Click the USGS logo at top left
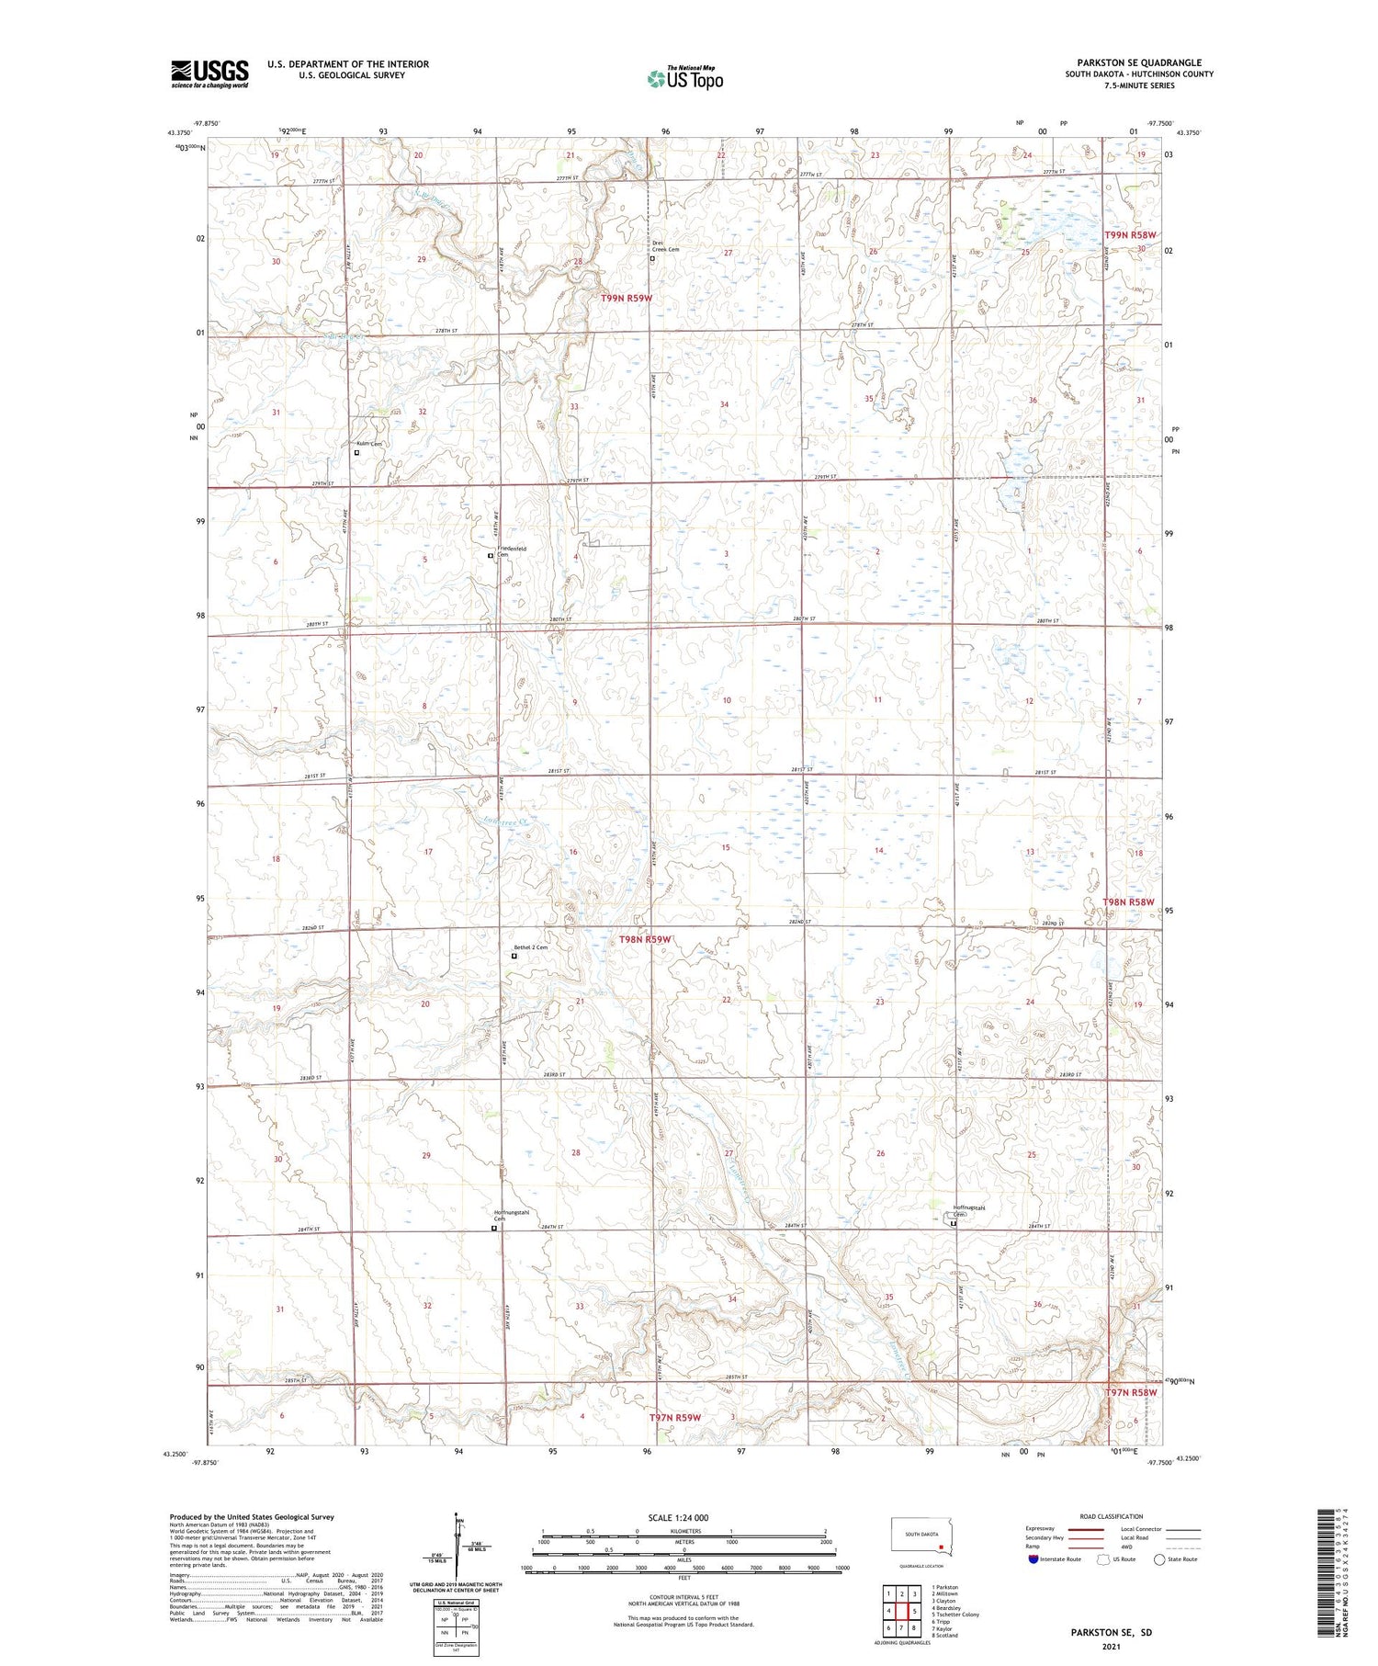point(209,74)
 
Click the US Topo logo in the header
point(684,78)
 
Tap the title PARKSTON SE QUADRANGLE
point(1139,62)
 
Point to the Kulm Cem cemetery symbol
point(357,452)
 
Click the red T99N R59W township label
point(627,298)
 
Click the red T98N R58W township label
point(1128,902)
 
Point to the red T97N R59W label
point(675,1417)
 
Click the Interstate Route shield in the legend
point(1033,1559)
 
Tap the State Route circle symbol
point(1159,1559)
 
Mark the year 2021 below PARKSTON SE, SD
point(1111,1647)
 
